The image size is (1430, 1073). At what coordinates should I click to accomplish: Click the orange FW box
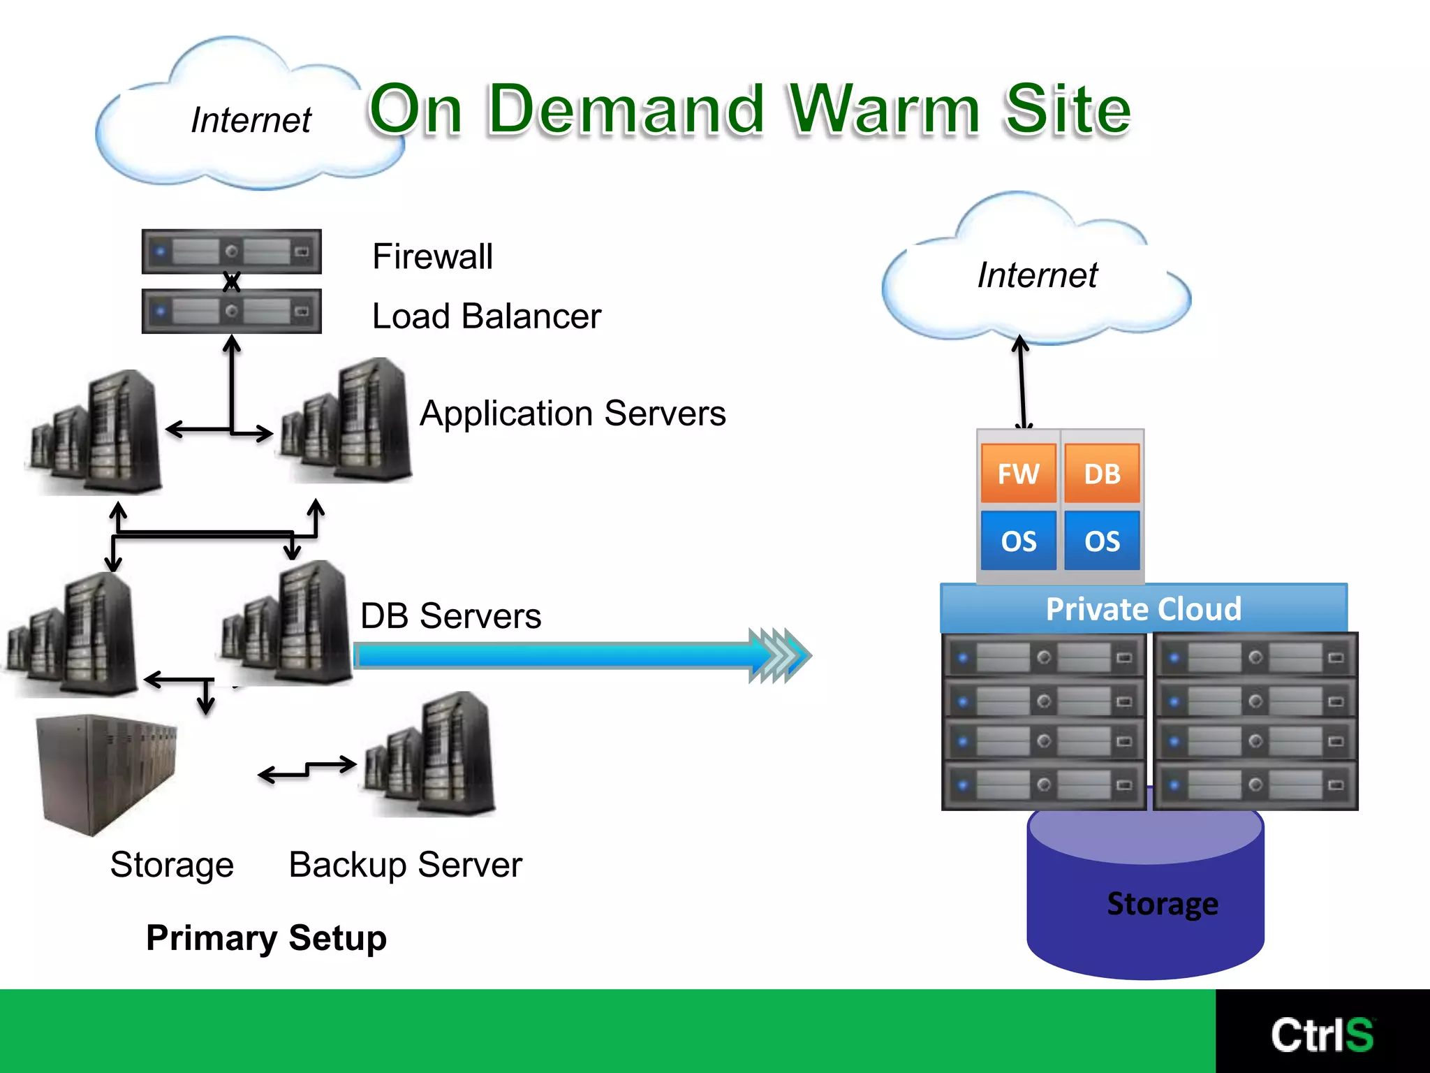[1018, 474]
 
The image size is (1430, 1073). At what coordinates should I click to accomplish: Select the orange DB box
[1102, 474]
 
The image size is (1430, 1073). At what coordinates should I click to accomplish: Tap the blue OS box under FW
[1018, 541]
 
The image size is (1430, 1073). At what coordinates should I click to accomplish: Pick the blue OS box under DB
[1102, 541]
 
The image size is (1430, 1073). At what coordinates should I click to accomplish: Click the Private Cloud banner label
[1143, 608]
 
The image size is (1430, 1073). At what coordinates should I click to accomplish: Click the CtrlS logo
[1322, 1034]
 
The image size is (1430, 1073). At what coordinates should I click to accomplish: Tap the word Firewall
[432, 256]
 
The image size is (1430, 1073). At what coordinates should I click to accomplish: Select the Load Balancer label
[486, 316]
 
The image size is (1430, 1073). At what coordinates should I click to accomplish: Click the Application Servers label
[573, 413]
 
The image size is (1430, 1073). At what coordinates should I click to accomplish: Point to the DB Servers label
[450, 615]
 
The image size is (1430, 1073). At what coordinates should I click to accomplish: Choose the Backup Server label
[405, 865]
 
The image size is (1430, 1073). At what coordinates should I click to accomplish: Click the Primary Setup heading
[266, 937]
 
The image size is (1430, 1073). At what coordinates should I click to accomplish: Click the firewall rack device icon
[231, 251]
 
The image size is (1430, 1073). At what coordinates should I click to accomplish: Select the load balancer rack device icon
[231, 311]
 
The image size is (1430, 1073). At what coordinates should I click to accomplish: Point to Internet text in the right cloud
[1037, 275]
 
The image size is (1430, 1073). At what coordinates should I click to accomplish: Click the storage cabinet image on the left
[108, 772]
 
